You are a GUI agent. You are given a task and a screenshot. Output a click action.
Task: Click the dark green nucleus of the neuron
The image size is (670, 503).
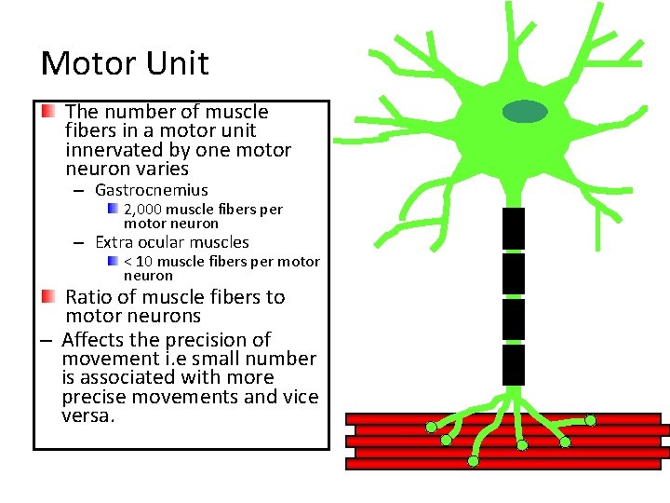coord(526,112)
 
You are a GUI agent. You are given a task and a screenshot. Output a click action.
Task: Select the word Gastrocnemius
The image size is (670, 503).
coord(152,190)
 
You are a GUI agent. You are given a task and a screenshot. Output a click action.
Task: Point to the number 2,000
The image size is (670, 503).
coord(142,210)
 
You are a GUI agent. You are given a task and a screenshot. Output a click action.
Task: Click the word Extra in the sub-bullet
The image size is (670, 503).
coord(115,242)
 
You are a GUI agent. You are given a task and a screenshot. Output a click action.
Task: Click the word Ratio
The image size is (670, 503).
coord(91,297)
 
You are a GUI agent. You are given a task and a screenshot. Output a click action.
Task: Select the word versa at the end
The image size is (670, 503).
coord(87,415)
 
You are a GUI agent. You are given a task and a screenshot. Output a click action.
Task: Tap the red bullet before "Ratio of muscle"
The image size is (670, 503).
coord(48,297)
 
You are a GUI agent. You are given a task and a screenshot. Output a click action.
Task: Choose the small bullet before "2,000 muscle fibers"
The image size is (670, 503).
coord(112,210)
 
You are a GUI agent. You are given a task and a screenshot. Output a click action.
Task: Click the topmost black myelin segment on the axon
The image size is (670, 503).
coord(514,228)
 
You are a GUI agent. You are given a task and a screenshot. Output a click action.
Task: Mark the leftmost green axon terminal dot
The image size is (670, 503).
coord(432,428)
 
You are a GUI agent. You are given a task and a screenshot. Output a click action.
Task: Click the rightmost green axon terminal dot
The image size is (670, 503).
coord(591,420)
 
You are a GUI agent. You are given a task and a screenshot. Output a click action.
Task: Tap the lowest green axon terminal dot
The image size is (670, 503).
coord(474,461)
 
